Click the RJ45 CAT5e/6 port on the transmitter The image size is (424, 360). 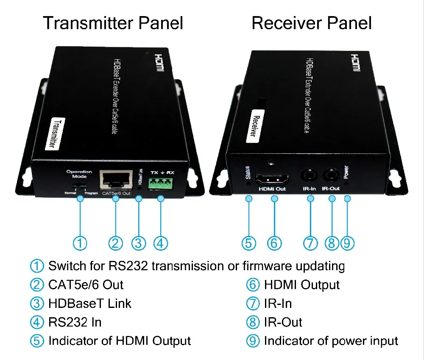(115, 180)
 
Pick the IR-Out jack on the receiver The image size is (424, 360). (331, 175)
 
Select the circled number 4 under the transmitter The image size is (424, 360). (160, 243)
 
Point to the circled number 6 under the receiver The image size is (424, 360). (274, 243)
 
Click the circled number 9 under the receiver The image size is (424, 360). (347, 243)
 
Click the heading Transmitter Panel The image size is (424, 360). (113, 23)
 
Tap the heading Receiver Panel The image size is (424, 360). (312, 23)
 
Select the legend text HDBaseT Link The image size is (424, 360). (90, 304)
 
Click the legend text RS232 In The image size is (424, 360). (75, 322)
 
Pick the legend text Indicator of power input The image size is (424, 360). (331, 341)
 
